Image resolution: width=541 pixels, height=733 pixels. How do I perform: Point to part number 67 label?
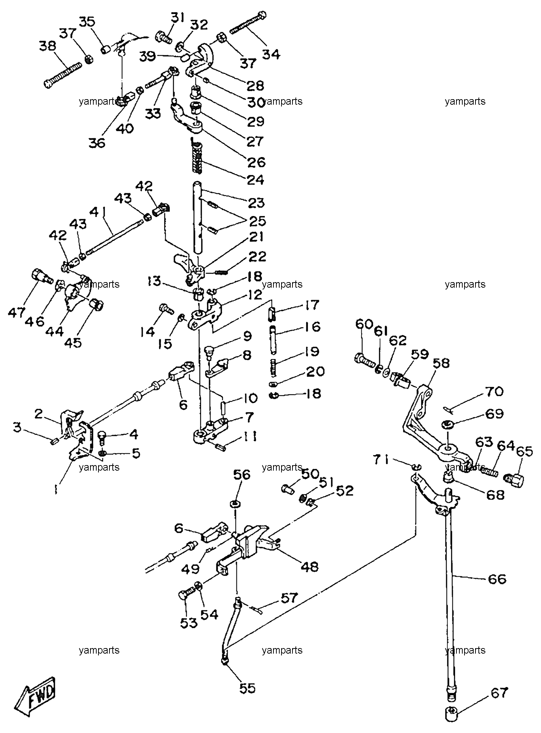[500, 692]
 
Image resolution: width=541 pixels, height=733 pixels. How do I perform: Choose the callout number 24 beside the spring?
[256, 180]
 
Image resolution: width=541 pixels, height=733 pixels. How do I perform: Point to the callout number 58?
[441, 363]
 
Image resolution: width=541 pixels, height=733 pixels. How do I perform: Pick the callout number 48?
[310, 566]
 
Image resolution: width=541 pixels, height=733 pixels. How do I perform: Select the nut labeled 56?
[234, 504]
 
